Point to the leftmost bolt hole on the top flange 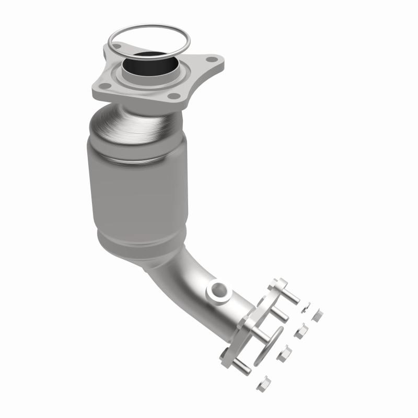(x=104, y=86)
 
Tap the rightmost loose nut (x=317, y=315)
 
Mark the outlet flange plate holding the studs (x=251, y=324)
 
